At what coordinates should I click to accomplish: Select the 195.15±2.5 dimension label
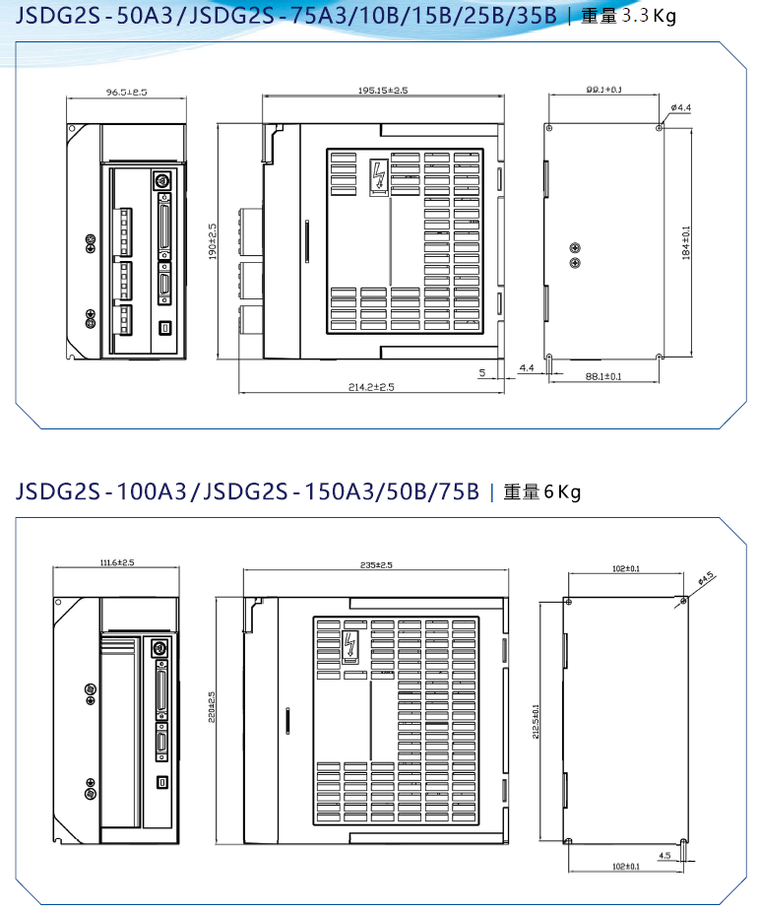(382, 91)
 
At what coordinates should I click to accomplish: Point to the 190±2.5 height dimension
(213, 241)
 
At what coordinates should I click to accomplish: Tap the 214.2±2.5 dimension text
(371, 387)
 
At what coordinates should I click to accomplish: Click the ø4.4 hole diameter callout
(680, 106)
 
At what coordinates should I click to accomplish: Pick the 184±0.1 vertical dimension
(686, 242)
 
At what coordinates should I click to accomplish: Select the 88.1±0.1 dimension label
(602, 376)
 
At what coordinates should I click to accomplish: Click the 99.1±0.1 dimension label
(604, 90)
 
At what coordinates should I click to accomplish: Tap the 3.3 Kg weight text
(643, 17)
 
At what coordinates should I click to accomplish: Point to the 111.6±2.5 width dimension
(117, 562)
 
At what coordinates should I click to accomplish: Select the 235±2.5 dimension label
(375, 564)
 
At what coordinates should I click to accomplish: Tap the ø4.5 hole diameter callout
(705, 579)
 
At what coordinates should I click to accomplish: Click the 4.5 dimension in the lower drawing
(664, 856)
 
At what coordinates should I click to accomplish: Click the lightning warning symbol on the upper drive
(378, 175)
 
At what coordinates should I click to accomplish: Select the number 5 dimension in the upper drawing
(482, 372)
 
